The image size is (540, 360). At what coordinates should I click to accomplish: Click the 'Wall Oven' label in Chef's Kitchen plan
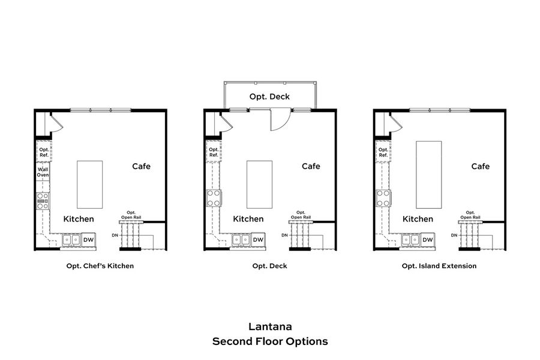click(43, 172)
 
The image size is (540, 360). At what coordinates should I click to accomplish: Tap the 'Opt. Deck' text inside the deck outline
click(269, 97)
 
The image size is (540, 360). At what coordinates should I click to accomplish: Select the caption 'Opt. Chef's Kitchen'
click(100, 266)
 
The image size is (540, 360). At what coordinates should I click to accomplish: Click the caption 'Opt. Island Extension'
click(439, 266)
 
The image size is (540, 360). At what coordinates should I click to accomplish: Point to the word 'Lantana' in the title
click(270, 327)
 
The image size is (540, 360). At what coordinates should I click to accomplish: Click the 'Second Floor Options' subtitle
click(270, 341)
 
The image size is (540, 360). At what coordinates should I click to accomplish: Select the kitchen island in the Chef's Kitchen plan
click(89, 184)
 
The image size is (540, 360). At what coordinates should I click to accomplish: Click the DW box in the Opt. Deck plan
click(257, 240)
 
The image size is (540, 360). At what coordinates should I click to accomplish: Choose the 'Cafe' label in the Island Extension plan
click(480, 166)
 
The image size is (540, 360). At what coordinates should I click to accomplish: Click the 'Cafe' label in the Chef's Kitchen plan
click(141, 166)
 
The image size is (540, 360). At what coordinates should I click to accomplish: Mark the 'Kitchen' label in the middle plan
click(248, 219)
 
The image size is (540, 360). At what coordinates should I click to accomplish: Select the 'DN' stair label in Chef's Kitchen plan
click(114, 235)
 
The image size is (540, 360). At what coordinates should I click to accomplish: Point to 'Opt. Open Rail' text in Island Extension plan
click(470, 215)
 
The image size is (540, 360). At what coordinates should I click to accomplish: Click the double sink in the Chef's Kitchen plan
click(71, 240)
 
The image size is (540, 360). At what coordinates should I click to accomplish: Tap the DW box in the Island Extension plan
click(427, 240)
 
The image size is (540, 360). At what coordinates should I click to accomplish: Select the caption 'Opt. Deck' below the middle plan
click(269, 266)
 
